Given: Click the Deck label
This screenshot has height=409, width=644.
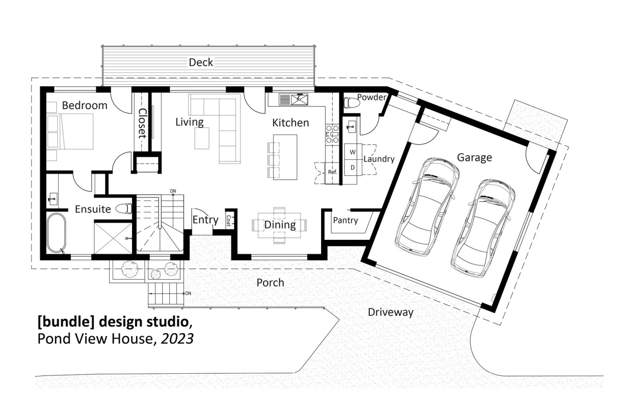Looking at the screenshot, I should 201,62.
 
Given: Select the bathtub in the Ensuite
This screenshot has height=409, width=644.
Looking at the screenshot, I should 56,232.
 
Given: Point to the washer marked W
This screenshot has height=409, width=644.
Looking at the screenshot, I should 353,152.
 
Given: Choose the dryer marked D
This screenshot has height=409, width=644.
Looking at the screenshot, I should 353,167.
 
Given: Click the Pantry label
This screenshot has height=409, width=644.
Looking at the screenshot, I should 345,220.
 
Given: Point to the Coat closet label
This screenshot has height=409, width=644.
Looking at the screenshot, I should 229,220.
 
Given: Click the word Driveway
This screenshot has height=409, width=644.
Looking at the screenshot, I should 390,313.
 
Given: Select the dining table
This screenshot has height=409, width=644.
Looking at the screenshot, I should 280,225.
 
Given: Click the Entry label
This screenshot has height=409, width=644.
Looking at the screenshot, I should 205,220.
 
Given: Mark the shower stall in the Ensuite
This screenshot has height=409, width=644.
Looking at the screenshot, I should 113,237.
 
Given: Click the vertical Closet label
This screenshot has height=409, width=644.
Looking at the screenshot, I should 142,123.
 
